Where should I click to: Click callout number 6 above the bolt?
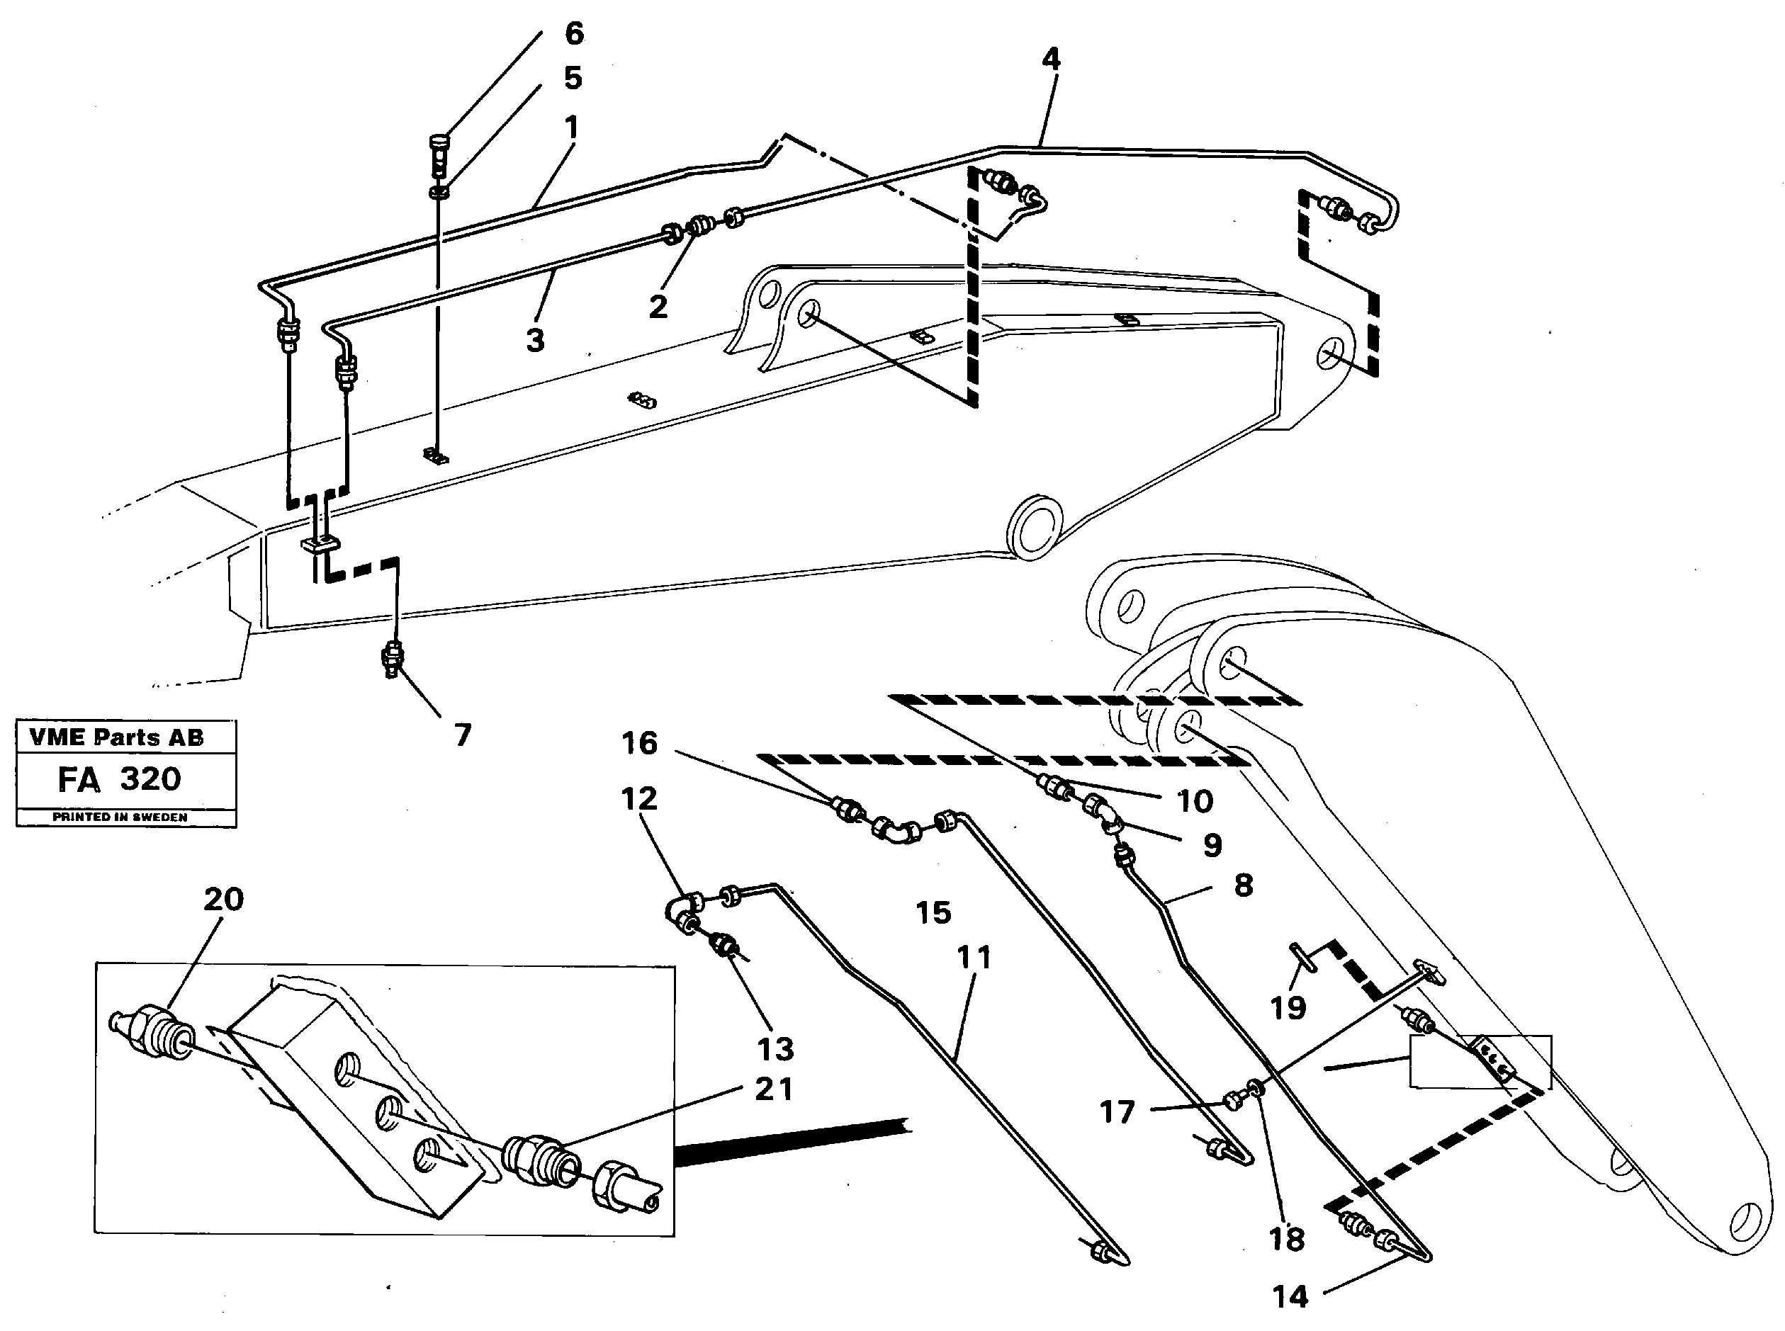tap(573, 34)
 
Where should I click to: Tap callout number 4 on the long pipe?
tap(1050, 60)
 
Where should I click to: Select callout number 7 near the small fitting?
tap(462, 735)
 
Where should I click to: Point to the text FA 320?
tap(119, 779)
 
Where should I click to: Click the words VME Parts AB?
tap(116, 737)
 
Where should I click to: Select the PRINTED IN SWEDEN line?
tap(119, 817)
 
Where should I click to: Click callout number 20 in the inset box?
tap(223, 899)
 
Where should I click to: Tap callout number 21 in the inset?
tap(774, 1089)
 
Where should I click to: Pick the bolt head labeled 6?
tap(438, 147)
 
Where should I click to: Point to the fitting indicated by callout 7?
tap(393, 657)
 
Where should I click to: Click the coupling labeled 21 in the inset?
tap(539, 1172)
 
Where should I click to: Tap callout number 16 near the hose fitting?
tap(639, 743)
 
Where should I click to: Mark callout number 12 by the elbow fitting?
tap(639, 798)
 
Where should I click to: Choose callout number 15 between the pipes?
tap(933, 913)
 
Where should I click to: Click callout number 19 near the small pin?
tap(1288, 1007)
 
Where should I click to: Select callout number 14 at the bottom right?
tap(1290, 1296)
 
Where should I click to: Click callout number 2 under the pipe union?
tap(658, 307)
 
